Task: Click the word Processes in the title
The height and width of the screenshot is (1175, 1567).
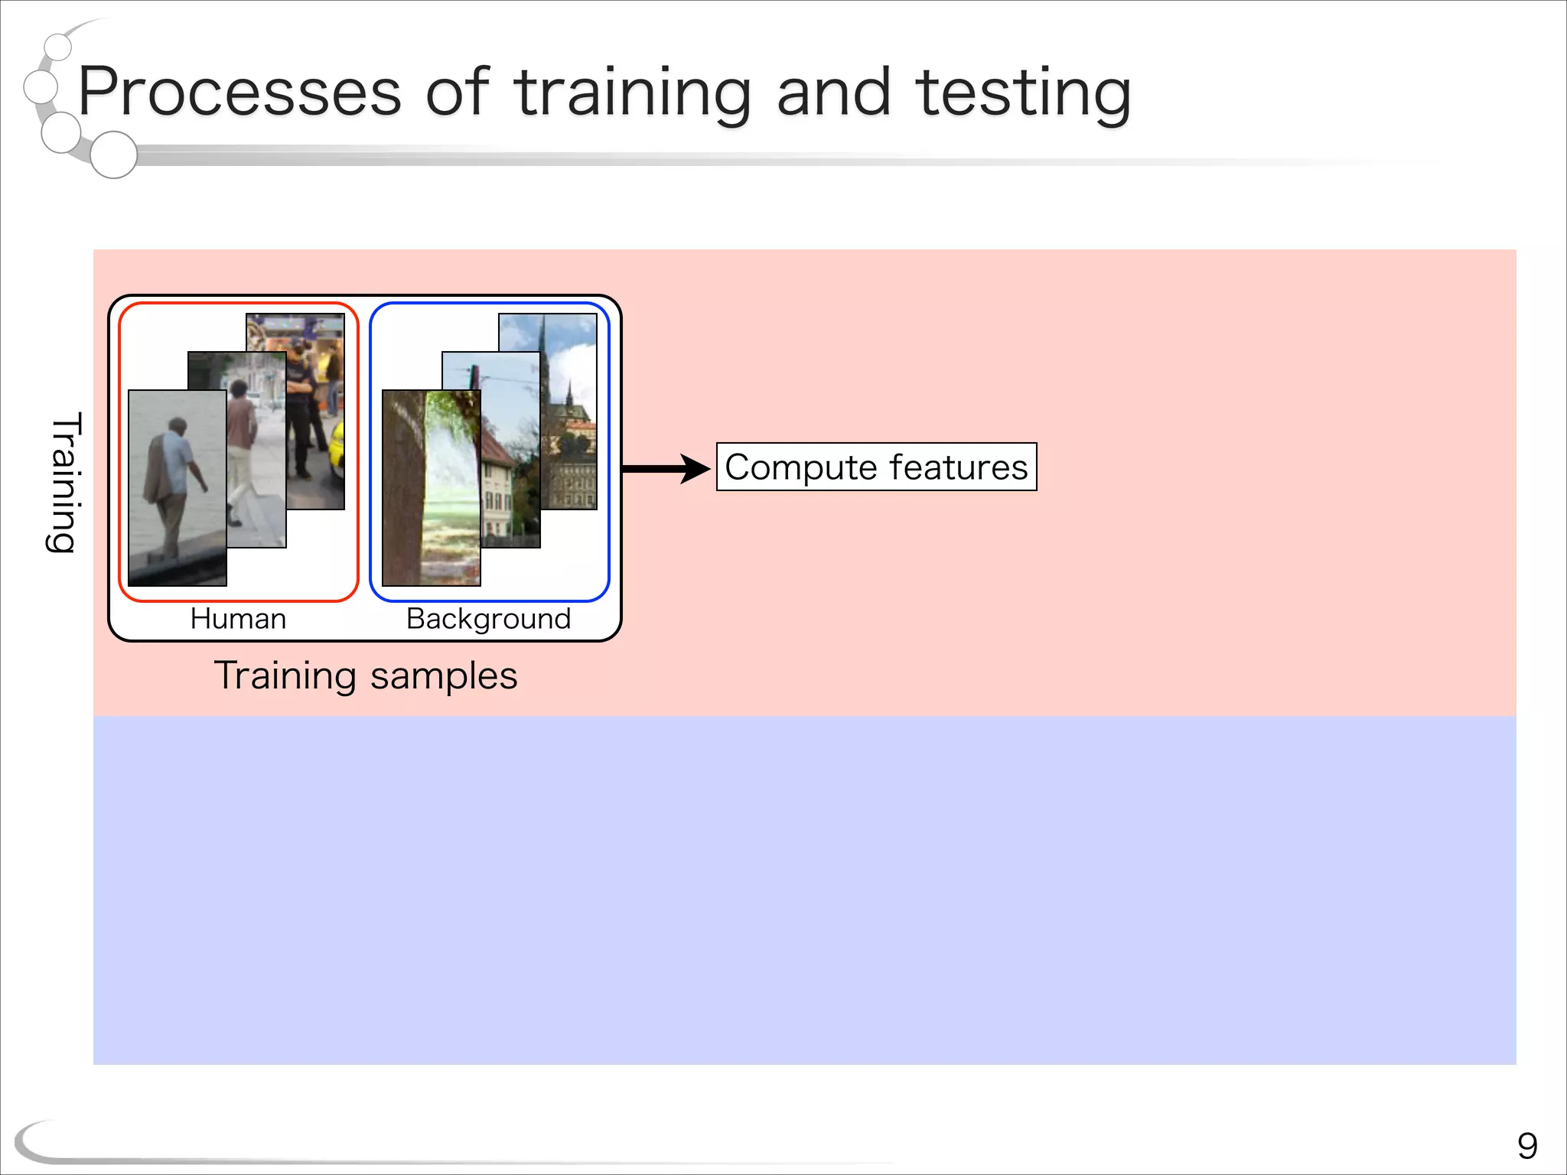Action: click(x=239, y=93)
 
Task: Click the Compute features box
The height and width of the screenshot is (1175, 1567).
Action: click(x=876, y=467)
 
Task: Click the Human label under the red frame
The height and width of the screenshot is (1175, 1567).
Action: click(x=238, y=618)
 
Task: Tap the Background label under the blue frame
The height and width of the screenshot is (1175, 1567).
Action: click(x=488, y=618)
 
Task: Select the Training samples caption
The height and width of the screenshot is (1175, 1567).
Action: click(x=366, y=676)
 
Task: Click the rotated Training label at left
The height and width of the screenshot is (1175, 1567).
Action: click(x=64, y=482)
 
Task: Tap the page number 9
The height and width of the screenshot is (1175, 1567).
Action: click(x=1527, y=1146)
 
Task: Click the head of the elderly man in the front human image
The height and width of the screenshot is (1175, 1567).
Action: click(x=178, y=427)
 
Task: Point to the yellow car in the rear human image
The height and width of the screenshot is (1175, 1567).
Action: click(x=337, y=451)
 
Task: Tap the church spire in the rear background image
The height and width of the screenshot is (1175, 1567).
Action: click(x=542, y=344)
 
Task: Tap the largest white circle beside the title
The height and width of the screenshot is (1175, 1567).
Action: click(x=113, y=155)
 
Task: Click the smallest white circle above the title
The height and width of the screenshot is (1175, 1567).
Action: click(x=58, y=47)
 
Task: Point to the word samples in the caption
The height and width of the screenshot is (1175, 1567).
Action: click(x=444, y=676)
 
